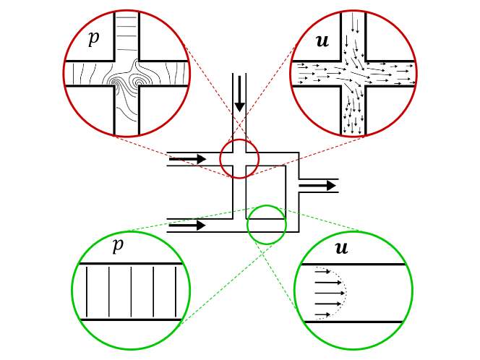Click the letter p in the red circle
[93, 39]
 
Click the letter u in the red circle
[322, 42]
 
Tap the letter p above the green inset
[117, 245]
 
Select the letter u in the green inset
[341, 249]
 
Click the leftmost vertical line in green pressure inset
[87, 291]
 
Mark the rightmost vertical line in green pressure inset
[176, 291]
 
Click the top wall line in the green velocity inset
[353, 265]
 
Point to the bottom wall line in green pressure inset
[130, 320]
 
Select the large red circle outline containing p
[64, 73]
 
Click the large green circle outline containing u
[294, 291]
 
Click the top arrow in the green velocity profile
[323, 272]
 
